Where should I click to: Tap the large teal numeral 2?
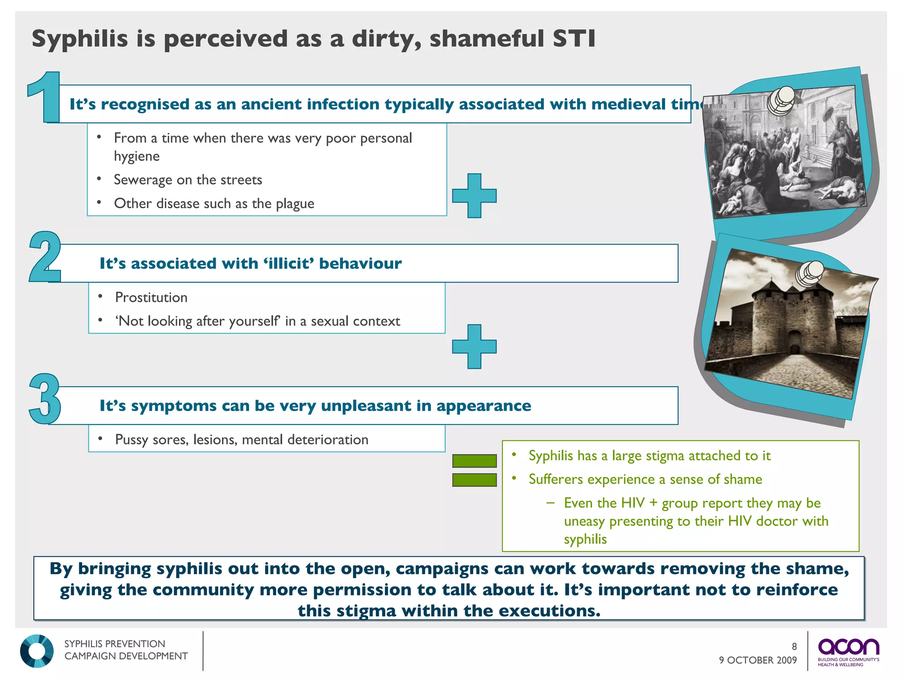45,257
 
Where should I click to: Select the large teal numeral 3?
45,399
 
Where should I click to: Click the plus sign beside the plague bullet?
474,195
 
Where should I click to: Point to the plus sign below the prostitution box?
474,346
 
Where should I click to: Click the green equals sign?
474,470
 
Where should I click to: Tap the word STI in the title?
574,38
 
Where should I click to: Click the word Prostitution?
151,298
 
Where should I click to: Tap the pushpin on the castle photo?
810,273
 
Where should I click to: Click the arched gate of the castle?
795,344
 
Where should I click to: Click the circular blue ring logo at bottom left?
37,651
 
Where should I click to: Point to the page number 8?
794,647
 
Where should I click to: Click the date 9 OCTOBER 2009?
757,660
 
